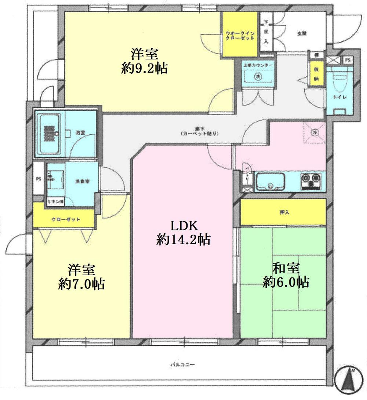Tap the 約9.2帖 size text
145,68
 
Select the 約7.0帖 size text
81,284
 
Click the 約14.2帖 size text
183,240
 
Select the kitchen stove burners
311,181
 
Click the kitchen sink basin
270,181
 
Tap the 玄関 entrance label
302,33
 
